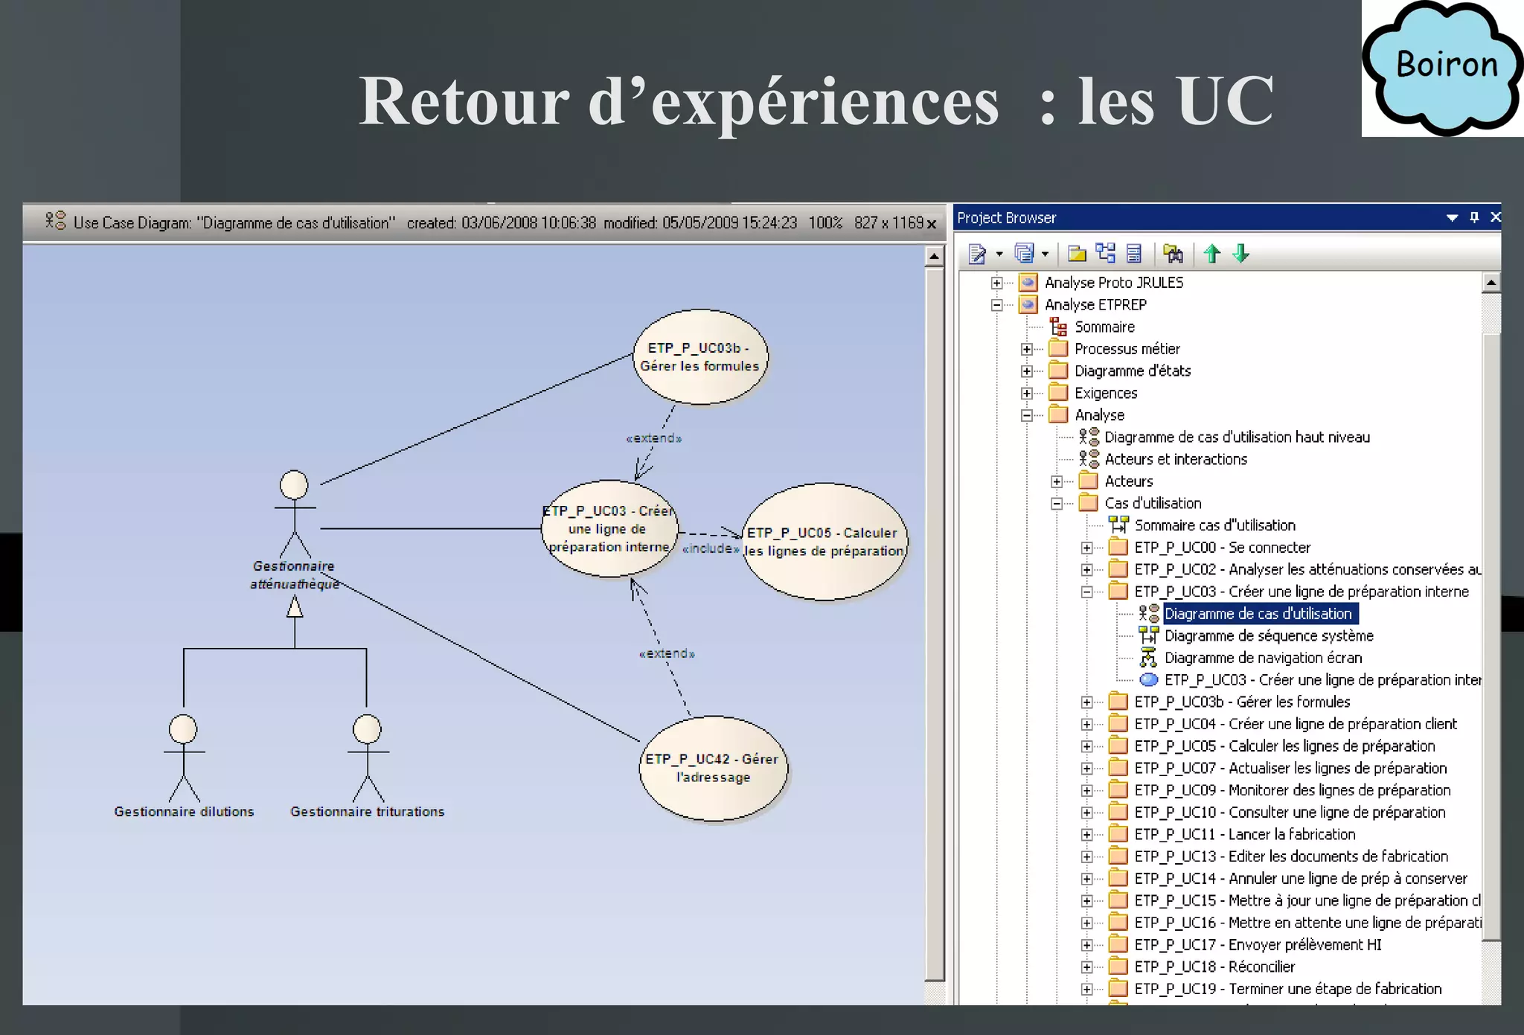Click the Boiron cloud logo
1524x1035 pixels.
click(x=1442, y=68)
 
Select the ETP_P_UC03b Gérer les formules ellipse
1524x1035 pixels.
click(x=699, y=357)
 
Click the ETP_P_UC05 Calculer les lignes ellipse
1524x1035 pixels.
click(x=825, y=542)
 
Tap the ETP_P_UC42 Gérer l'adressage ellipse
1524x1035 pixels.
click(x=712, y=768)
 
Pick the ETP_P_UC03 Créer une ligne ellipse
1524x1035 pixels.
click(x=609, y=528)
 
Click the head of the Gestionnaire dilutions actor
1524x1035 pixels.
click(x=183, y=729)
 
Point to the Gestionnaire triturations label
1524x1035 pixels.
click(x=367, y=812)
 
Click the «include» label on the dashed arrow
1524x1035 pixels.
click(x=711, y=548)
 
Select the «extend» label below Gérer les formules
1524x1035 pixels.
click(x=654, y=438)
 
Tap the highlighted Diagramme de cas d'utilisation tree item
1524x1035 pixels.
click(x=1258, y=614)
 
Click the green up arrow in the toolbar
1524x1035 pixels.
click(x=1212, y=254)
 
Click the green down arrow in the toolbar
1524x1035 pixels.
click(x=1241, y=254)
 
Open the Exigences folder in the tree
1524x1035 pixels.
click(x=1106, y=393)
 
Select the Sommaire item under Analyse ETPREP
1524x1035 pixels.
click(x=1104, y=327)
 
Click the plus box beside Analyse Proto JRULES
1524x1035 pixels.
click(x=996, y=283)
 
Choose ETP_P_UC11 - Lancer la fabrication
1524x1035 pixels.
click(x=1244, y=834)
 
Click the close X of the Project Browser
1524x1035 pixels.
click(x=1496, y=217)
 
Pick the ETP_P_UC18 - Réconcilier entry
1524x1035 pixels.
click(x=1214, y=967)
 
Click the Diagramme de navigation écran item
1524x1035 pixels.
click(x=1263, y=658)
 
